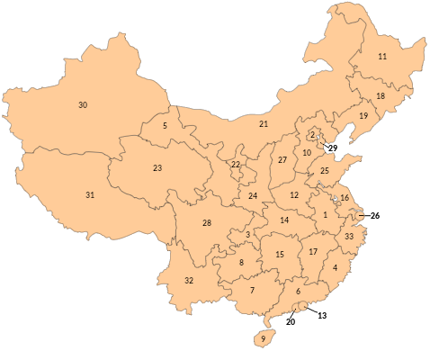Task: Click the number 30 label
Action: click(x=83, y=105)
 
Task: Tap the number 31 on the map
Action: click(x=90, y=195)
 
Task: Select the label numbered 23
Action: click(x=157, y=168)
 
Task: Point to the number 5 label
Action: click(x=166, y=125)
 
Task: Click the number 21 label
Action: click(x=264, y=123)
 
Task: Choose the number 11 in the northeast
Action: click(x=382, y=57)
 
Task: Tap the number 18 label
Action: click(x=381, y=96)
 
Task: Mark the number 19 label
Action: click(x=364, y=116)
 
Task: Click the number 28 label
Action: click(x=207, y=222)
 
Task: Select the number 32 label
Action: click(x=189, y=281)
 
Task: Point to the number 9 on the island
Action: click(x=264, y=339)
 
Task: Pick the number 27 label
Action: click(x=282, y=159)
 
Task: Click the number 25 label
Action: click(x=325, y=170)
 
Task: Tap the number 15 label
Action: click(x=280, y=255)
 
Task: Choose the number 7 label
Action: click(x=253, y=290)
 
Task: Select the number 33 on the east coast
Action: click(x=349, y=236)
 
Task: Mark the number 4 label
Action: click(x=336, y=267)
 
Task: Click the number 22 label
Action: click(x=236, y=165)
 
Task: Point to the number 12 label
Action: click(x=294, y=195)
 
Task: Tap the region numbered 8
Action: click(x=241, y=263)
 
